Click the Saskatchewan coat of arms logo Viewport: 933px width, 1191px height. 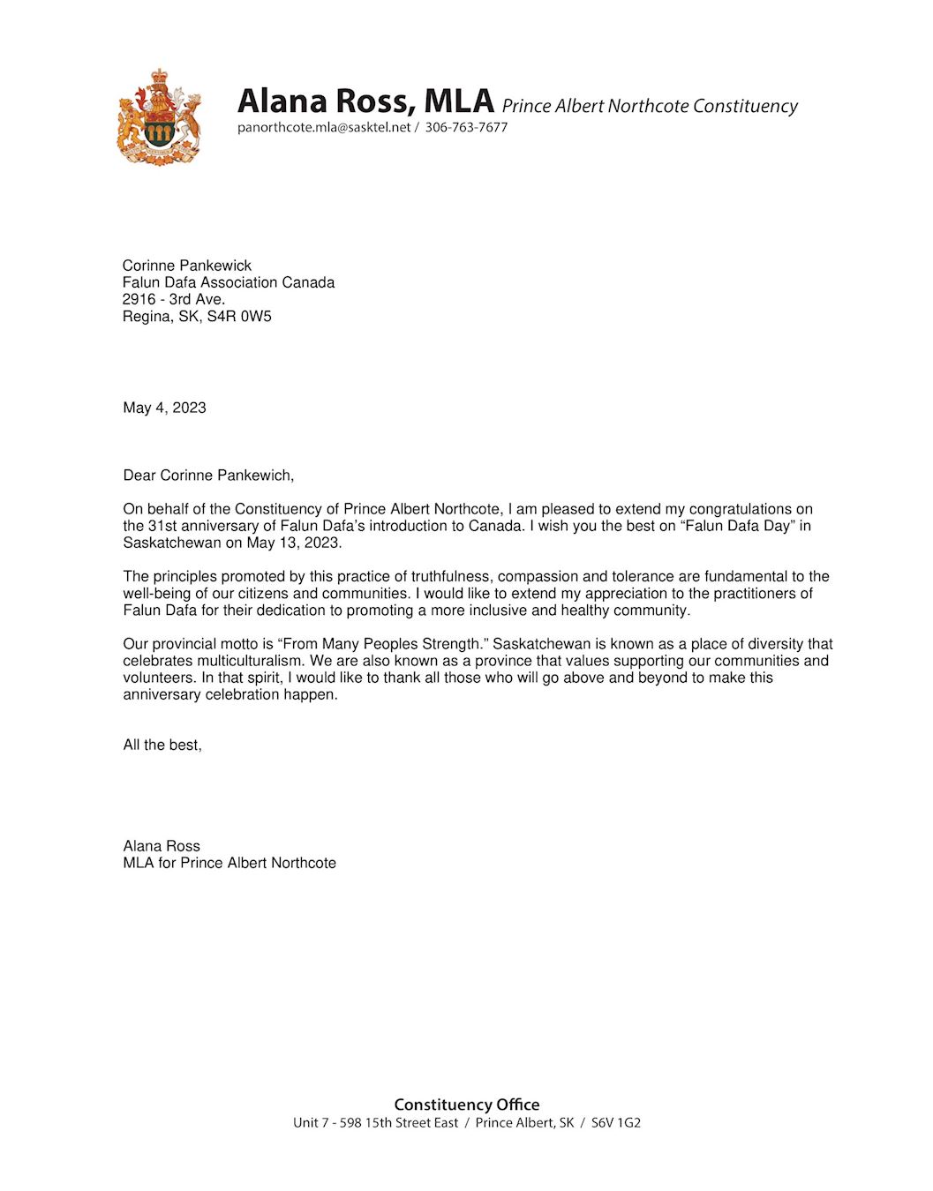(x=160, y=117)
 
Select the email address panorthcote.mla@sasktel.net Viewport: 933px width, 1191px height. (x=324, y=127)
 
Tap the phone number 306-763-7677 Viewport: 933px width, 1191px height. (x=466, y=127)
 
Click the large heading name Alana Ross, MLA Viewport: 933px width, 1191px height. (x=365, y=101)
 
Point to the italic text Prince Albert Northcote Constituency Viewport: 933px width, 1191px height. (x=650, y=106)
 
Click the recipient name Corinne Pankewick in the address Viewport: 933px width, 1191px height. (x=187, y=266)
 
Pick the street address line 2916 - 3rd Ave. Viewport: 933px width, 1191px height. (x=174, y=299)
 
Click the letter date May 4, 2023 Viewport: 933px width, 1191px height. (x=165, y=408)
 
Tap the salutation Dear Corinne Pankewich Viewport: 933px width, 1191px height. (x=208, y=476)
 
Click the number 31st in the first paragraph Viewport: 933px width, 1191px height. (x=162, y=526)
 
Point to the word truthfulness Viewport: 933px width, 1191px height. (x=450, y=577)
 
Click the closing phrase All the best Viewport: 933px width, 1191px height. (x=162, y=745)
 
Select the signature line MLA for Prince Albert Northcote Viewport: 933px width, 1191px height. (x=229, y=863)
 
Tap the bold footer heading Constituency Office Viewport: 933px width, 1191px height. (x=467, y=1105)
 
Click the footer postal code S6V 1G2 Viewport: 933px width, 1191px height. (x=616, y=1123)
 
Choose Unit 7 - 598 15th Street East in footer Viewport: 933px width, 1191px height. (x=376, y=1123)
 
